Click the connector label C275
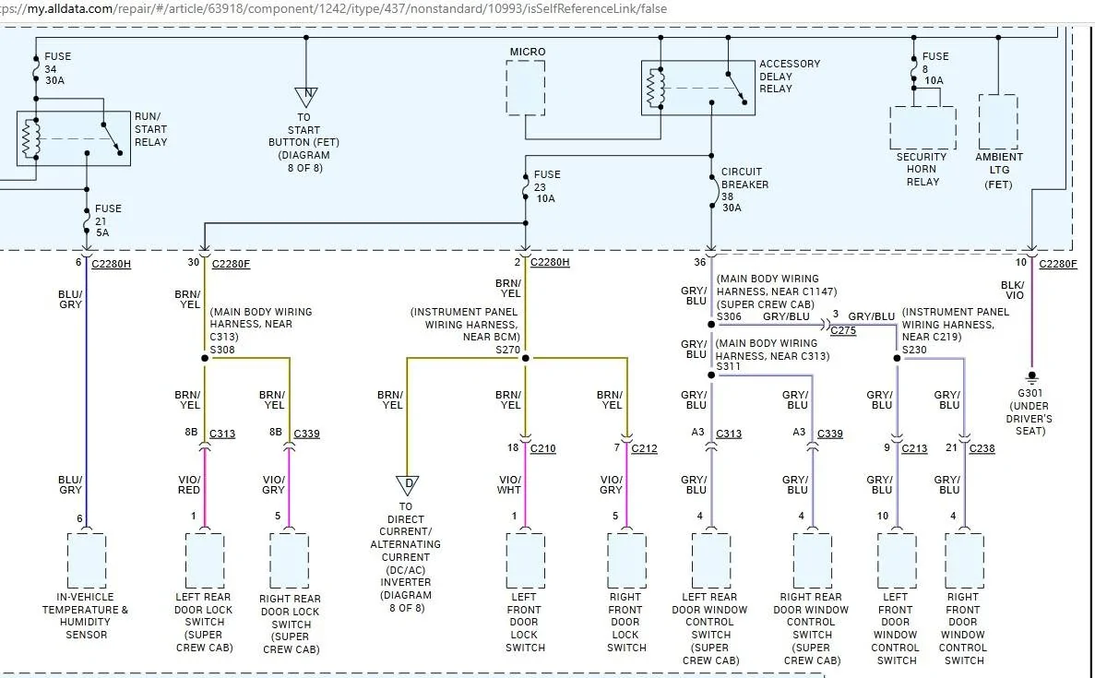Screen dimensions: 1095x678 [843, 330]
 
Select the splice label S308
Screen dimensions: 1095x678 [222, 349]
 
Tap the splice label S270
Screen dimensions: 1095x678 [507, 349]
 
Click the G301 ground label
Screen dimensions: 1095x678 [1030, 393]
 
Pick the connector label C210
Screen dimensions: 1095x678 [542, 448]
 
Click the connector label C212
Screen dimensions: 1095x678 [644, 448]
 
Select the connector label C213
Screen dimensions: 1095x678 [914, 448]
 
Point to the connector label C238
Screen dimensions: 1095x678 [982, 448]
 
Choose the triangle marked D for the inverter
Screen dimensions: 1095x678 [407, 484]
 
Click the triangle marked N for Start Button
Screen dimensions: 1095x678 [306, 96]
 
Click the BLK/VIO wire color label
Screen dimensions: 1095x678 [1013, 290]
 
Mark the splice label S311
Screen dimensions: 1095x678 [729, 366]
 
